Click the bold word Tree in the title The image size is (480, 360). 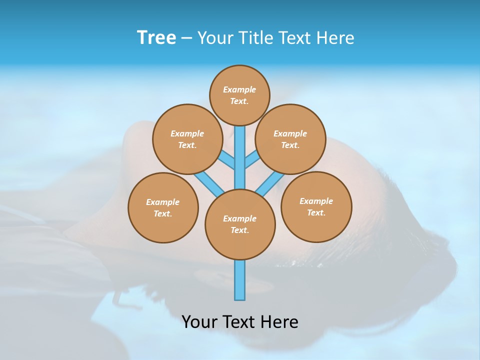pos(156,37)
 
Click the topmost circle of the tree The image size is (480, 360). pos(239,95)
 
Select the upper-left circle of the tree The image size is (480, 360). pos(187,139)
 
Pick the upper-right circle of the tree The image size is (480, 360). pos(290,139)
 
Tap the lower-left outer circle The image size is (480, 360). pos(163,207)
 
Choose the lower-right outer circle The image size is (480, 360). pos(316,206)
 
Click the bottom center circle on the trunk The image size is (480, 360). pos(240,224)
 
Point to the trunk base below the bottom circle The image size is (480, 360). pos(240,280)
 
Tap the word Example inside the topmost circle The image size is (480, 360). pos(239,89)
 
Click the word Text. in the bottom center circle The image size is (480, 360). pos(239,230)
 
